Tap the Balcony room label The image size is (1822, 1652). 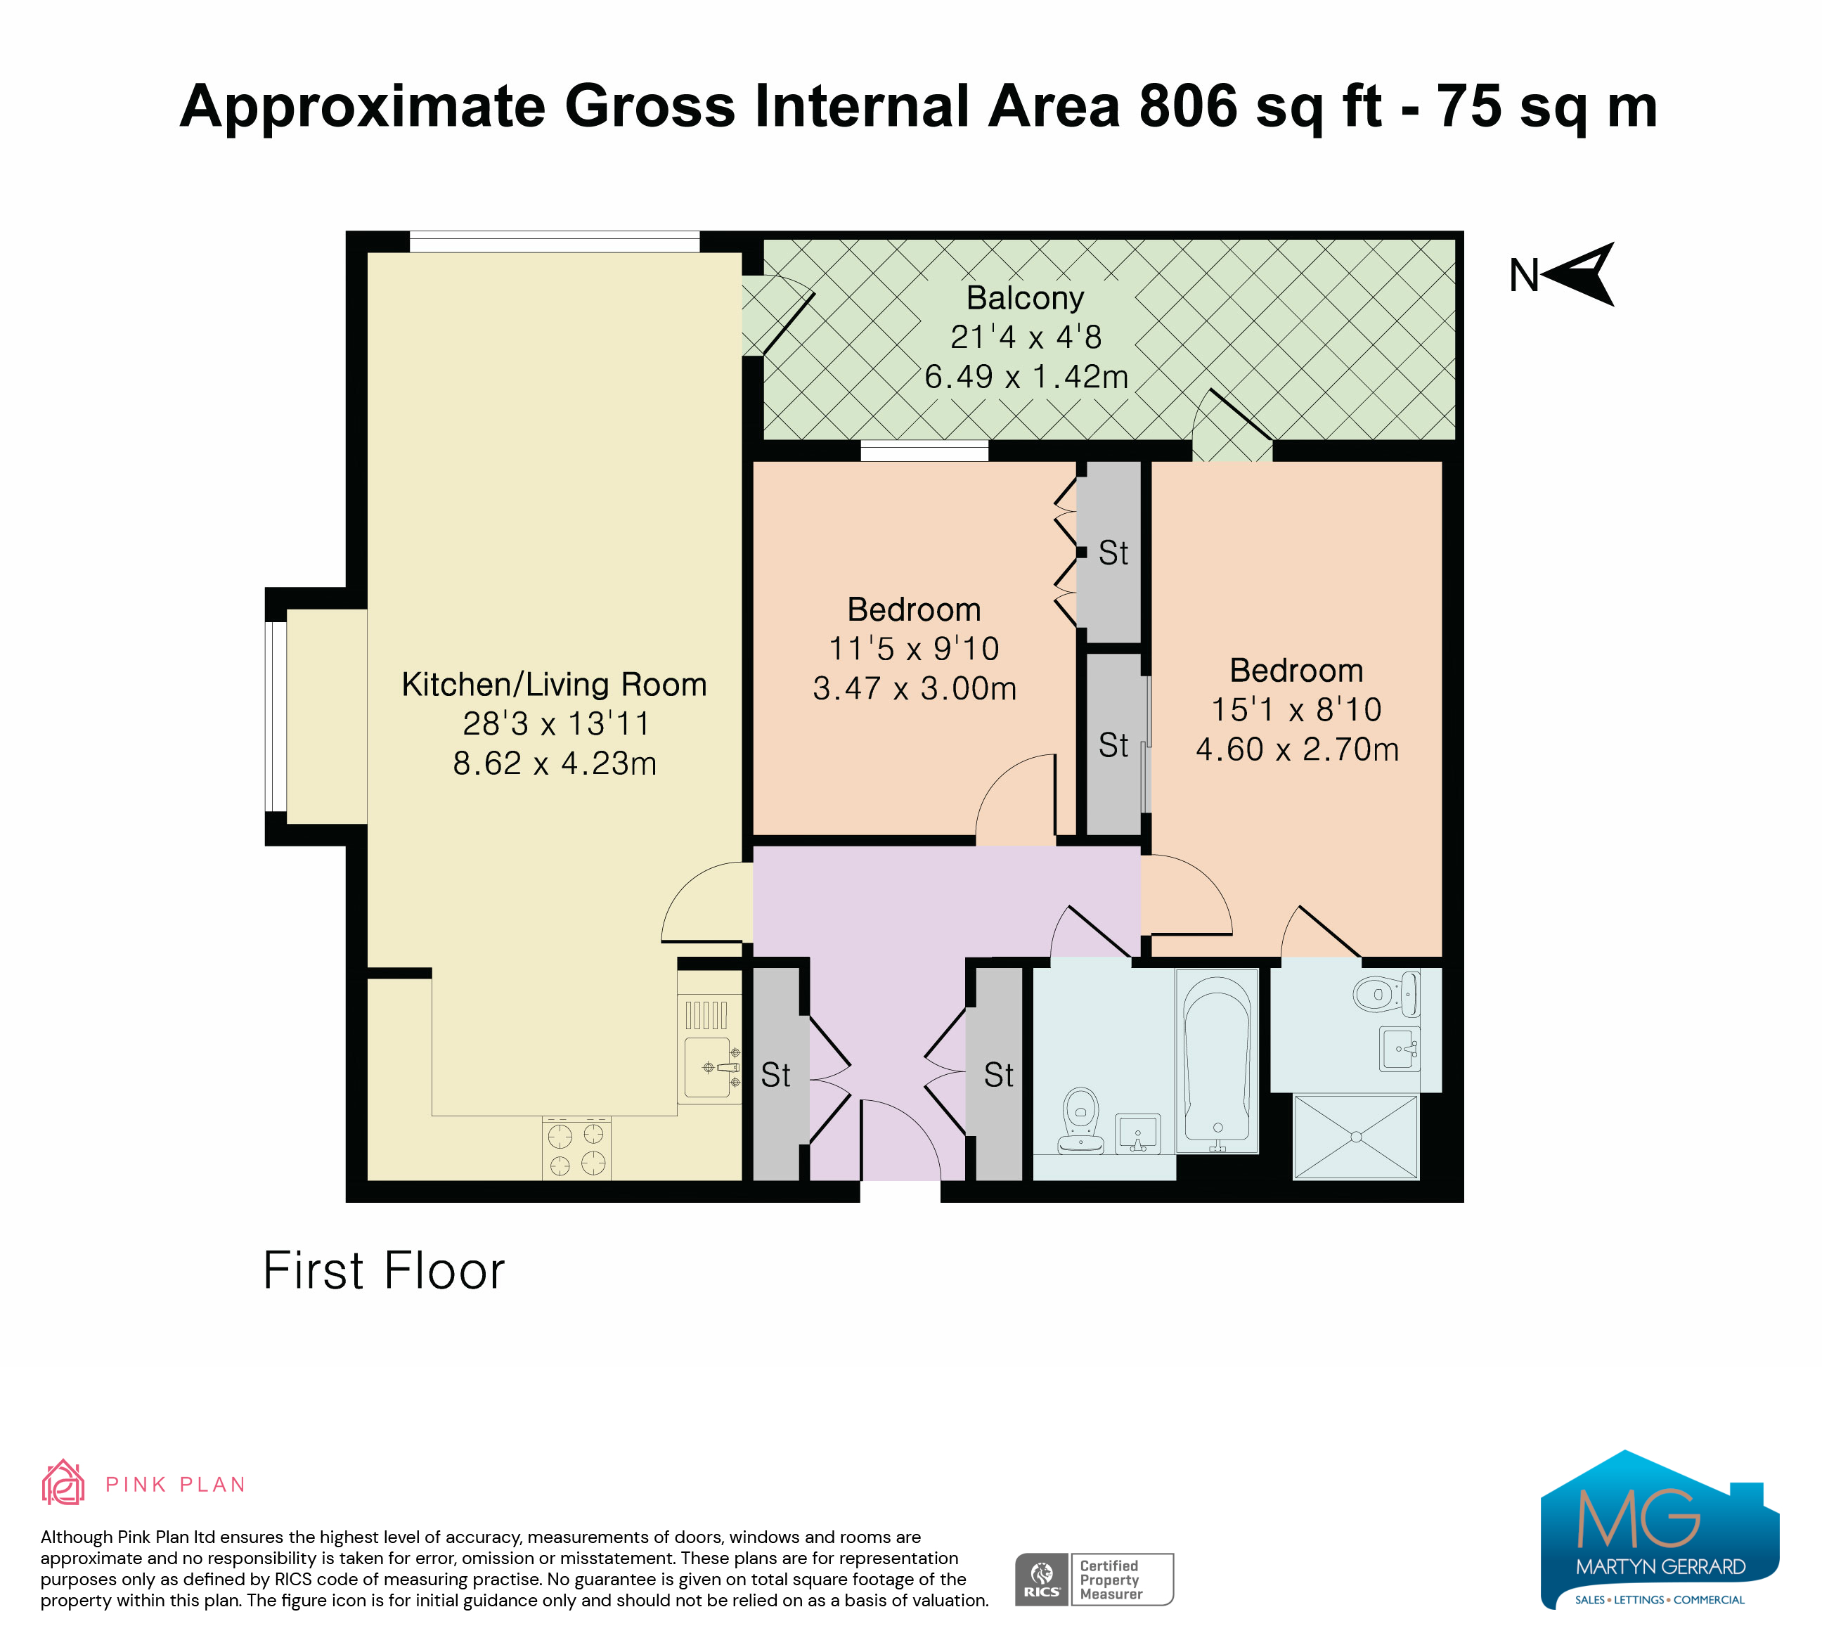click(1025, 297)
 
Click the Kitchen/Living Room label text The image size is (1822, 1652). click(554, 684)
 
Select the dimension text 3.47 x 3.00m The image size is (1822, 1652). click(915, 689)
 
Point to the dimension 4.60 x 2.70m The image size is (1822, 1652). click(1297, 749)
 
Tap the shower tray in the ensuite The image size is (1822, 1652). click(1356, 1137)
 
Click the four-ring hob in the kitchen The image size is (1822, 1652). click(576, 1149)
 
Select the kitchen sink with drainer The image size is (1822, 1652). click(709, 1050)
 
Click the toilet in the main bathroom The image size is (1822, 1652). click(1081, 1121)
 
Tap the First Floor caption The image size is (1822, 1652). click(383, 1270)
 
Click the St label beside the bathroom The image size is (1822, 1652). click(999, 1075)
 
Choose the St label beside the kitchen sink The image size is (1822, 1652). click(775, 1075)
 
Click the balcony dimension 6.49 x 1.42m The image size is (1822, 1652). click(1026, 377)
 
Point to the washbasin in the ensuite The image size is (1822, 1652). click(1399, 1048)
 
